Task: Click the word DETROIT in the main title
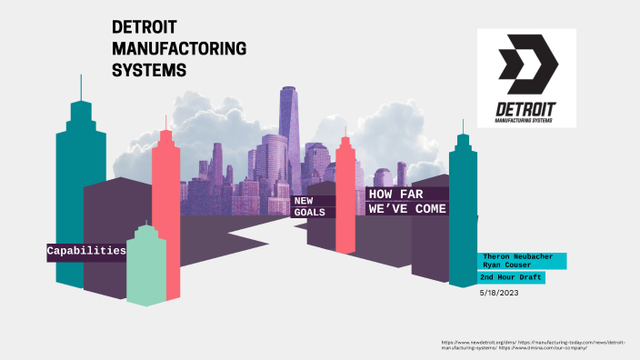coord(146,28)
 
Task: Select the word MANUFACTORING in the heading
coord(178,48)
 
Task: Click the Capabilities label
coord(86,250)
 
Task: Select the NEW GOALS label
coord(309,205)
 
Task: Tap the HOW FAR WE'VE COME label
coord(407,201)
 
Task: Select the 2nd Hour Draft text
coord(513,277)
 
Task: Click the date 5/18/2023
coord(499,293)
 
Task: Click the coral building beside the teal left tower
coord(166,209)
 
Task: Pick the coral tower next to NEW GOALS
coord(345,195)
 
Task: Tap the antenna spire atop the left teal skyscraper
coord(80,85)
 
